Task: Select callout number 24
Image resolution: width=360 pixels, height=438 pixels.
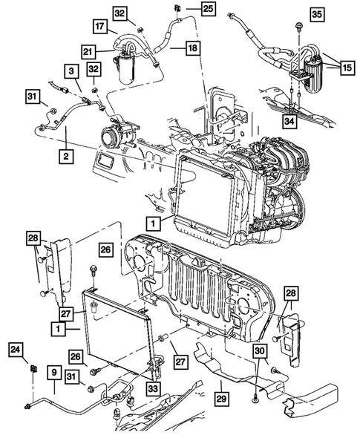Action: coord(15,348)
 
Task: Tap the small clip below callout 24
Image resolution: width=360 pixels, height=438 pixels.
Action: coord(33,368)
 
